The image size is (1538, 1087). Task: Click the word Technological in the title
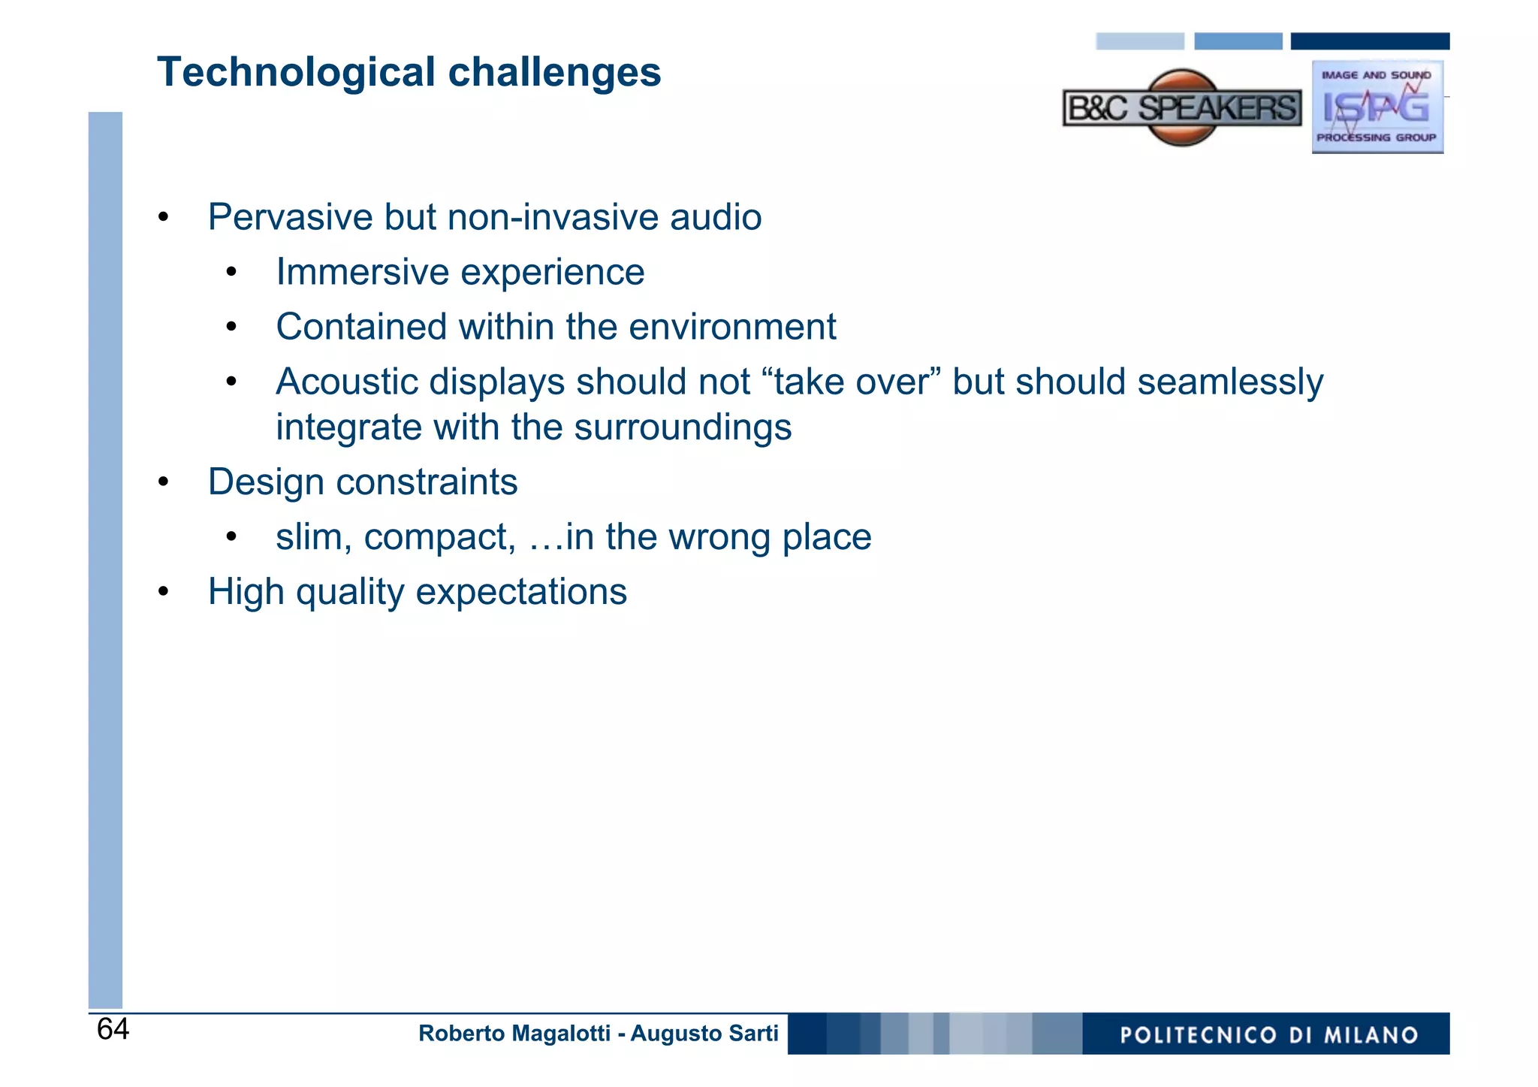pos(296,73)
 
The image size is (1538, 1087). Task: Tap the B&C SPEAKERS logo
pos(1182,108)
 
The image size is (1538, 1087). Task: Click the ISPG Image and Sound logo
pos(1377,107)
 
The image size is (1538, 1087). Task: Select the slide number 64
pos(113,1029)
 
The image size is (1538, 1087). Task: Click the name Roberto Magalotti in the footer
pos(514,1034)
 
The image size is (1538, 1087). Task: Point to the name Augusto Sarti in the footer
pos(704,1034)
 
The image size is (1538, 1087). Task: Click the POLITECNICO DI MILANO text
pos(1268,1035)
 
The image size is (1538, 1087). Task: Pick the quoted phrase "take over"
pos(851,382)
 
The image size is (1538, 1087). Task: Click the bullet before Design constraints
pos(164,482)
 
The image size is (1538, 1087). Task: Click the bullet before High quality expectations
pos(164,593)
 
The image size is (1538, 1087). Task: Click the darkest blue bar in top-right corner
pos(1369,41)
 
